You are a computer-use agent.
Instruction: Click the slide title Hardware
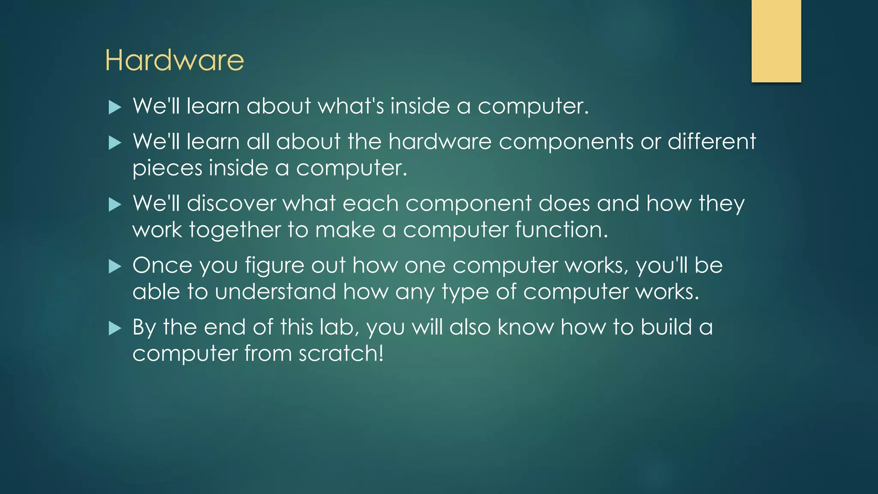click(174, 60)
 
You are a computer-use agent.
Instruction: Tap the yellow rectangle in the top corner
click(776, 41)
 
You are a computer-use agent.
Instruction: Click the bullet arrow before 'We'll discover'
click(115, 205)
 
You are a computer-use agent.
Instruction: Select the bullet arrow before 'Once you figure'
click(115, 267)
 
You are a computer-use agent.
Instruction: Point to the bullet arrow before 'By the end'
click(115, 328)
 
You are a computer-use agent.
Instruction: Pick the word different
click(712, 142)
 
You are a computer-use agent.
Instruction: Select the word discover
click(232, 203)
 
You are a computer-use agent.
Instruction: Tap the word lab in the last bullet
click(339, 327)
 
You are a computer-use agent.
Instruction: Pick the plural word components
click(566, 142)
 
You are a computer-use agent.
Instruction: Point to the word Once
click(162, 265)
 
